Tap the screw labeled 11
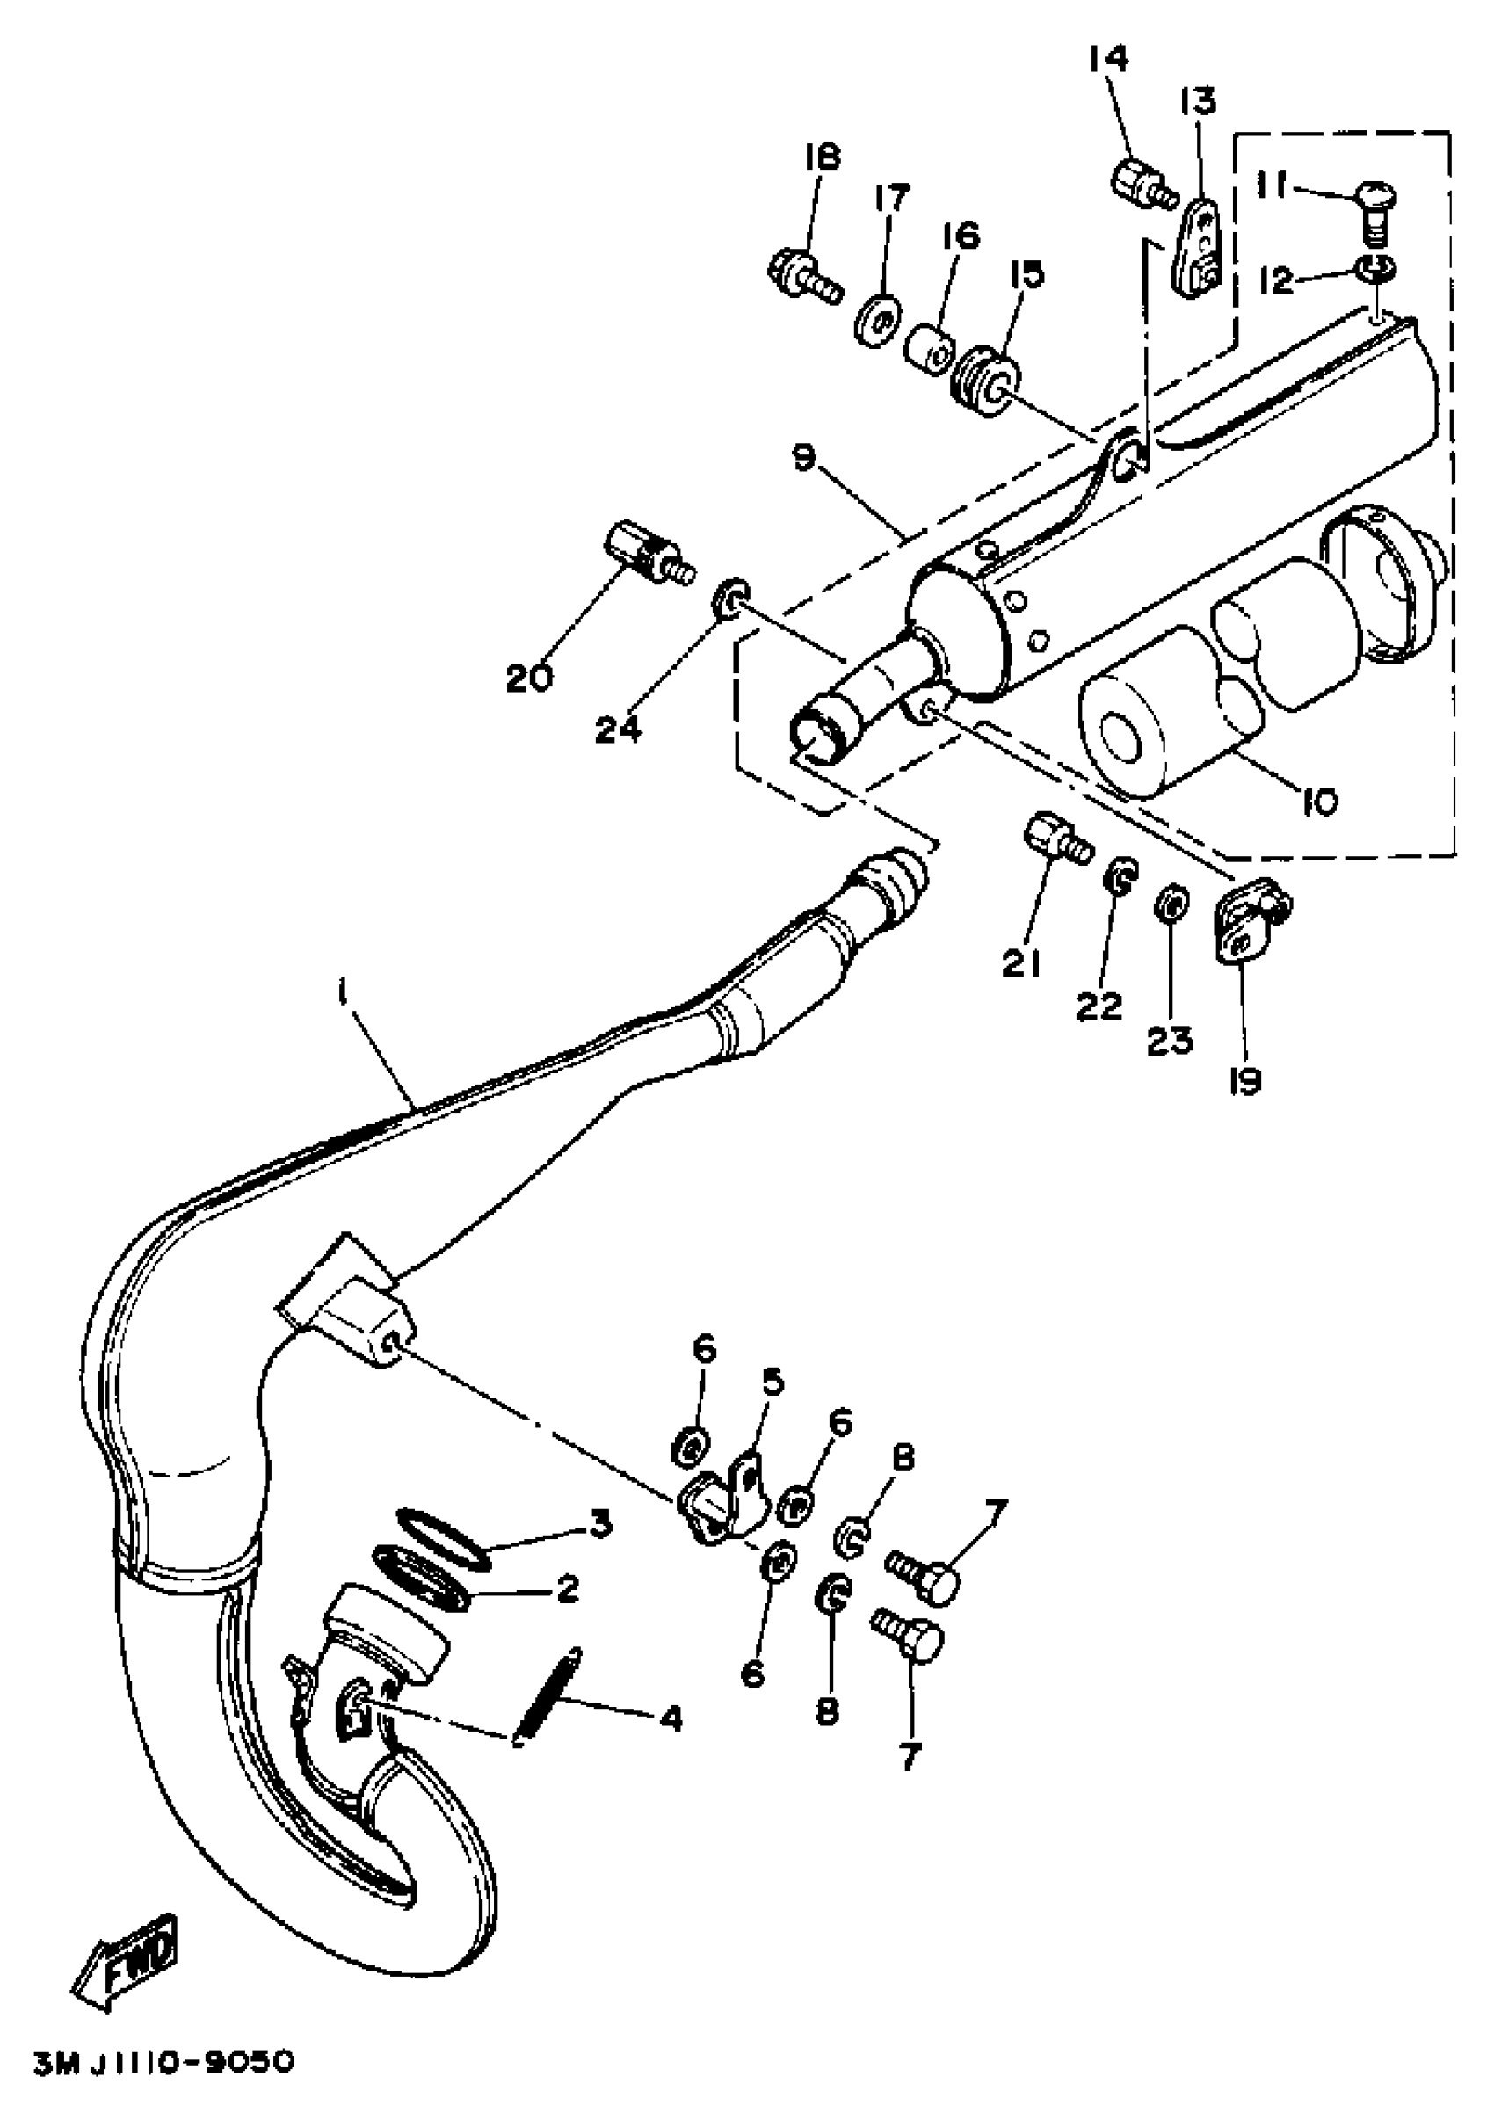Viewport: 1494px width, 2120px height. (1374, 208)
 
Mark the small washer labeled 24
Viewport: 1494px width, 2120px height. (731, 599)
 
